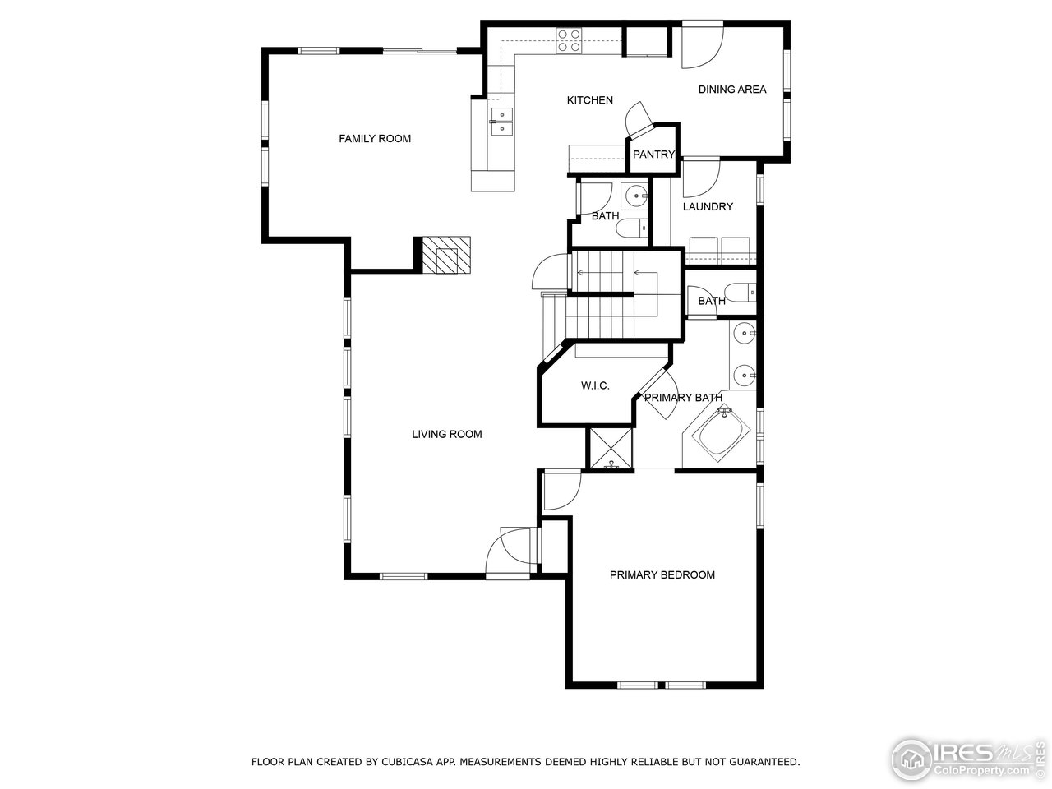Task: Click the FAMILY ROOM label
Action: tap(375, 138)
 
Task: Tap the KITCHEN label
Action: tap(589, 100)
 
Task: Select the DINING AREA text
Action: tap(732, 90)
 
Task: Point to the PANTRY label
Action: tap(653, 155)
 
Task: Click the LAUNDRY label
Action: tap(708, 206)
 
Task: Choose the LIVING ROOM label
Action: tap(446, 434)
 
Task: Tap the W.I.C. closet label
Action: tap(595, 385)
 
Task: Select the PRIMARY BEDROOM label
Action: tap(662, 574)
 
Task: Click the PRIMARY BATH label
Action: tap(683, 398)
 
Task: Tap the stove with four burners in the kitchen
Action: tap(569, 40)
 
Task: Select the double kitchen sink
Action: tap(501, 121)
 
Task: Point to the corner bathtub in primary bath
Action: tap(721, 436)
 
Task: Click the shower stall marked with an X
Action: tap(611, 449)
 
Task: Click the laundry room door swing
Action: tap(700, 175)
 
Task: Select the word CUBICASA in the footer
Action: tap(408, 762)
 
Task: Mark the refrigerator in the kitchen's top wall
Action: tap(648, 41)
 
